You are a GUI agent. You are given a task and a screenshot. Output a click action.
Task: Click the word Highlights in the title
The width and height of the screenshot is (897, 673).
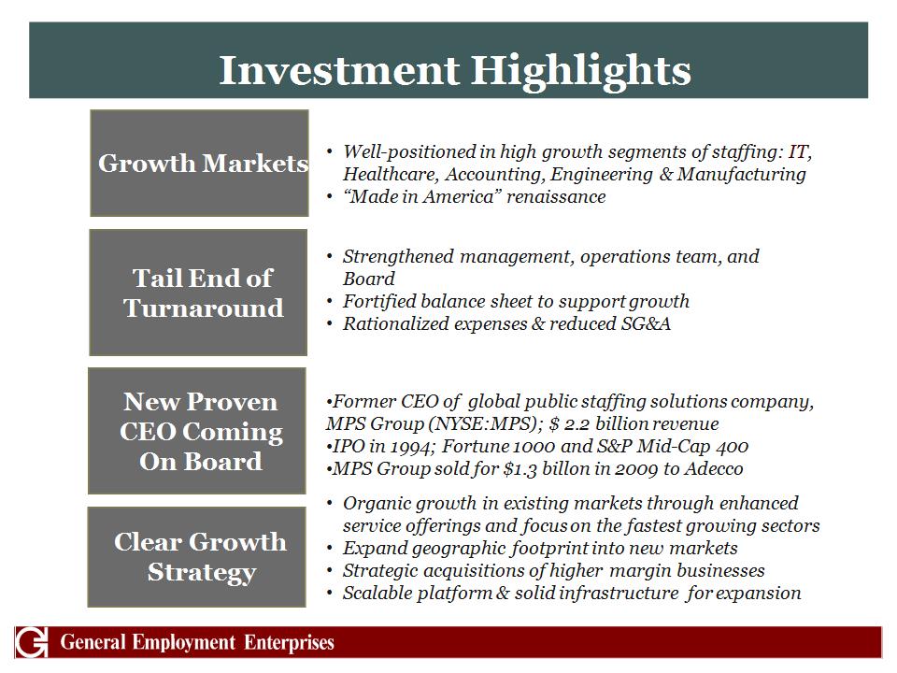[580, 72]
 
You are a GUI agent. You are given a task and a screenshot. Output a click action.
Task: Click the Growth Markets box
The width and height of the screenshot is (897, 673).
[199, 163]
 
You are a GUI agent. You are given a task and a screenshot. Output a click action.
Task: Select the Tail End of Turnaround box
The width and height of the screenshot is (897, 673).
[198, 293]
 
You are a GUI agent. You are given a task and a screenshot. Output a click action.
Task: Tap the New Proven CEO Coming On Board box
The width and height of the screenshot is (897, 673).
[197, 431]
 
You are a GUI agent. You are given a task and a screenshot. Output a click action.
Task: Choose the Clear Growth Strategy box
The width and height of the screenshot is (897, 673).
[196, 557]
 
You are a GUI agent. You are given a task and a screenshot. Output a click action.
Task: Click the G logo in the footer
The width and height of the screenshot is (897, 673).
[32, 642]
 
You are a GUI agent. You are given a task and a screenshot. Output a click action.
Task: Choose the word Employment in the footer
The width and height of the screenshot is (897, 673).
[183, 643]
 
